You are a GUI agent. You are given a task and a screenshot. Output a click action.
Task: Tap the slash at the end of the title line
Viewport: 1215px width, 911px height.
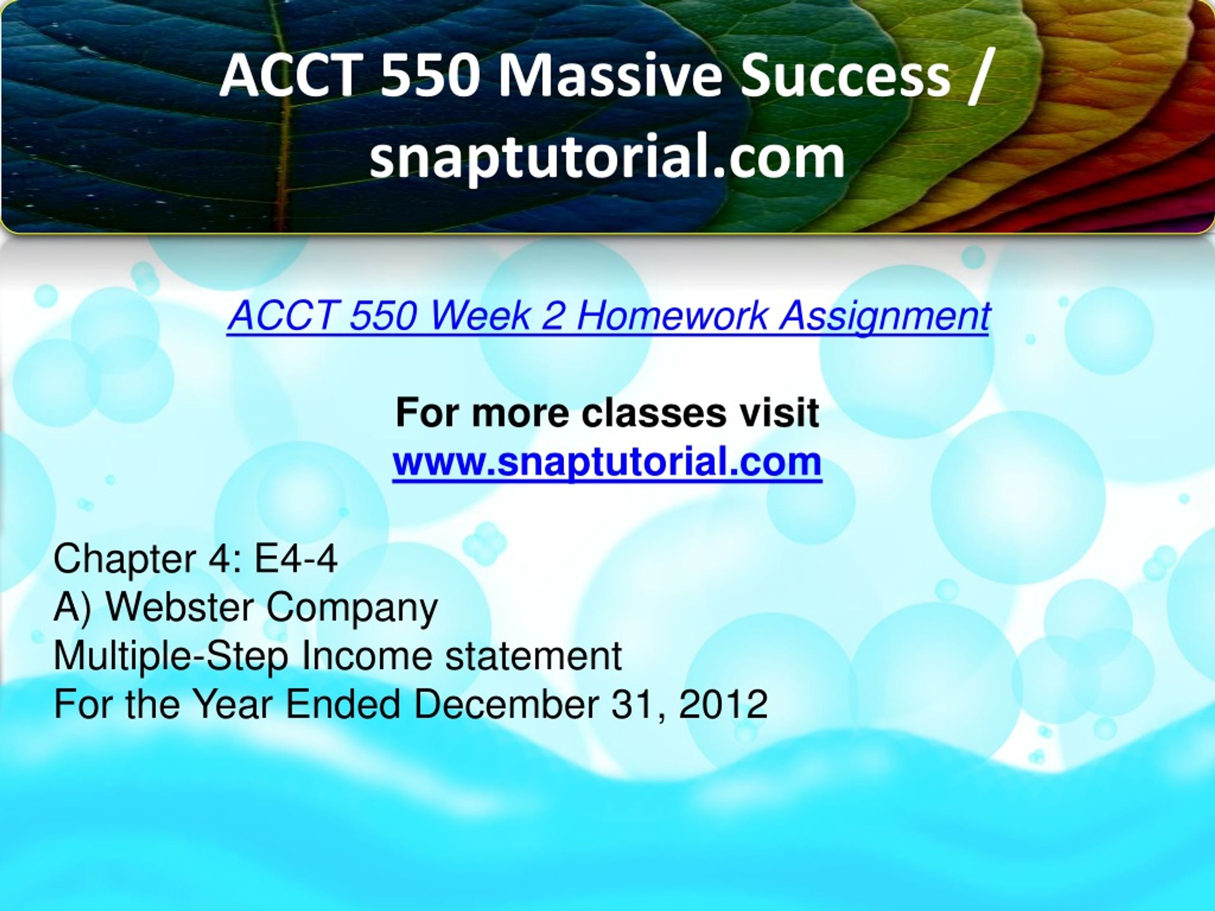[981, 77]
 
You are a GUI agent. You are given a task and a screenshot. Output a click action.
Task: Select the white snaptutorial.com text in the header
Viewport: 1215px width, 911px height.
[607, 157]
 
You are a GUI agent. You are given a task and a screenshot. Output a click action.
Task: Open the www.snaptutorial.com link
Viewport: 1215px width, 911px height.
[607, 462]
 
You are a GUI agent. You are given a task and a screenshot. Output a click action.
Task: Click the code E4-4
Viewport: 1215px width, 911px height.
[296, 559]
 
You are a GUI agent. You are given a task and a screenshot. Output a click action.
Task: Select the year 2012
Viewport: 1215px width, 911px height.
[723, 705]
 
